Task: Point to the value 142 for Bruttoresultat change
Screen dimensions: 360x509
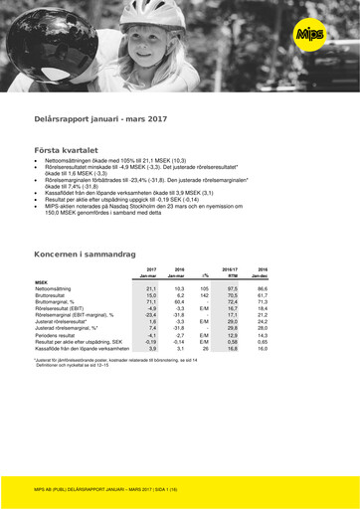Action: click(203, 295)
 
